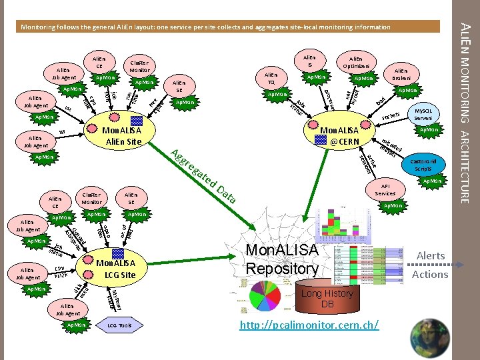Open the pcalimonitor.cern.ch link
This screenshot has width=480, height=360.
coord(309,325)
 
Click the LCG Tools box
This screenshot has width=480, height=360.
coord(119,325)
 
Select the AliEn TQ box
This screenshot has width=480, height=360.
coord(271,79)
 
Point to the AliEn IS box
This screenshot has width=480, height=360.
coord(309,61)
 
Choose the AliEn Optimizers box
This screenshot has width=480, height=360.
coord(355,63)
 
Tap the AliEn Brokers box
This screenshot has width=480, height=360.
coord(401,74)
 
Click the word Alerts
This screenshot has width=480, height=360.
coord(430,256)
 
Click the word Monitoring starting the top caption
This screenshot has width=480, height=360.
coord(42,27)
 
